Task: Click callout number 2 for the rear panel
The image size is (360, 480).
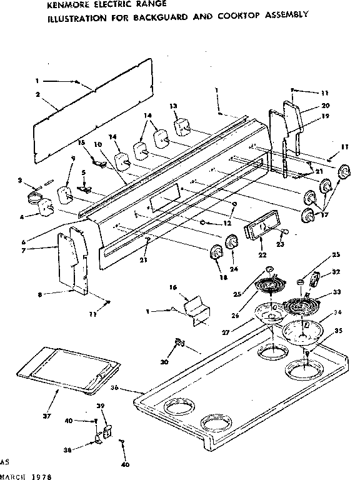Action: [x=38, y=94]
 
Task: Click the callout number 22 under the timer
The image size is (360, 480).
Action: [x=261, y=254]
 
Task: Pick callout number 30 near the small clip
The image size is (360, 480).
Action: [x=164, y=362]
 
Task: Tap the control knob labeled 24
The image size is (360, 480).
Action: [x=231, y=242]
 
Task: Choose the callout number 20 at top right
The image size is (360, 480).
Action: [x=326, y=105]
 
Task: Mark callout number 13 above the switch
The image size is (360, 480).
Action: [x=173, y=106]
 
